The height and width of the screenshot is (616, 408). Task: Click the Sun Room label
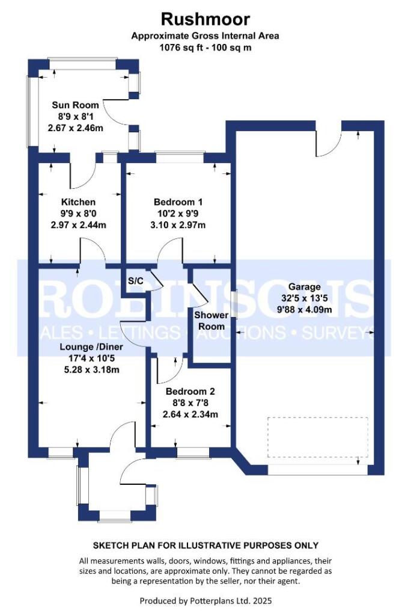(x=75, y=105)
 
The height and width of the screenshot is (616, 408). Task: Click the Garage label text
(x=304, y=287)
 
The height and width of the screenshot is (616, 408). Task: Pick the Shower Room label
(x=211, y=321)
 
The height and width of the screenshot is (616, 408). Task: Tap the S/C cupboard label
(x=135, y=280)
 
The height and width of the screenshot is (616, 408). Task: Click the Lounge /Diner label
(x=88, y=347)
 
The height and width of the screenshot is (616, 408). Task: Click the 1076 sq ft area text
(x=206, y=48)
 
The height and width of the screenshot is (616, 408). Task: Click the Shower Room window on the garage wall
(x=234, y=304)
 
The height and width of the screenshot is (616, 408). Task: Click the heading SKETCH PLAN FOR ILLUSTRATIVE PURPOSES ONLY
(x=206, y=546)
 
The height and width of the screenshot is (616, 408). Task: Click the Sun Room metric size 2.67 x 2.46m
(x=75, y=128)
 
